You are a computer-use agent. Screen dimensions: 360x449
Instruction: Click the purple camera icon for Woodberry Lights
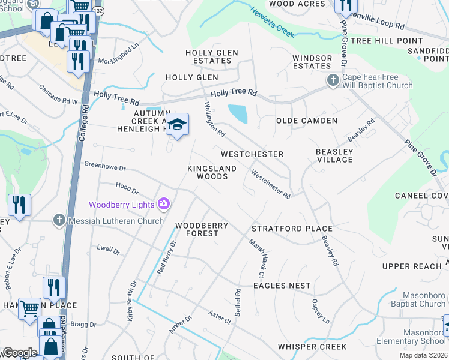163,205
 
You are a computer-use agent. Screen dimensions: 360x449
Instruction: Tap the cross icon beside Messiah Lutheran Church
59,220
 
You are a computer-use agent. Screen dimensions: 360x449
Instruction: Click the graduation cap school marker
177,124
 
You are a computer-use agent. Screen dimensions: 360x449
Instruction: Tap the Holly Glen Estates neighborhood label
208,57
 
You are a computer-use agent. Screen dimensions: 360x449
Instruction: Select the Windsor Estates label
312,62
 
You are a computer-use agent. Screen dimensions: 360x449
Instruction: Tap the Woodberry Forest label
201,229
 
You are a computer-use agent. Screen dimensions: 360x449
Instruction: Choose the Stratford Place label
292,229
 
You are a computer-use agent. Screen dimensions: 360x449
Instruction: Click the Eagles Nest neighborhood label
282,286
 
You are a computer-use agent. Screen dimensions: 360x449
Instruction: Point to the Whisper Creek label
312,347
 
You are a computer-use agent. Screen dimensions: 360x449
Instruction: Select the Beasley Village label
334,156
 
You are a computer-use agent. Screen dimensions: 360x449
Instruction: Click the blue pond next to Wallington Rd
238,112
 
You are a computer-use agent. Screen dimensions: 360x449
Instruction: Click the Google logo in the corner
20,352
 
